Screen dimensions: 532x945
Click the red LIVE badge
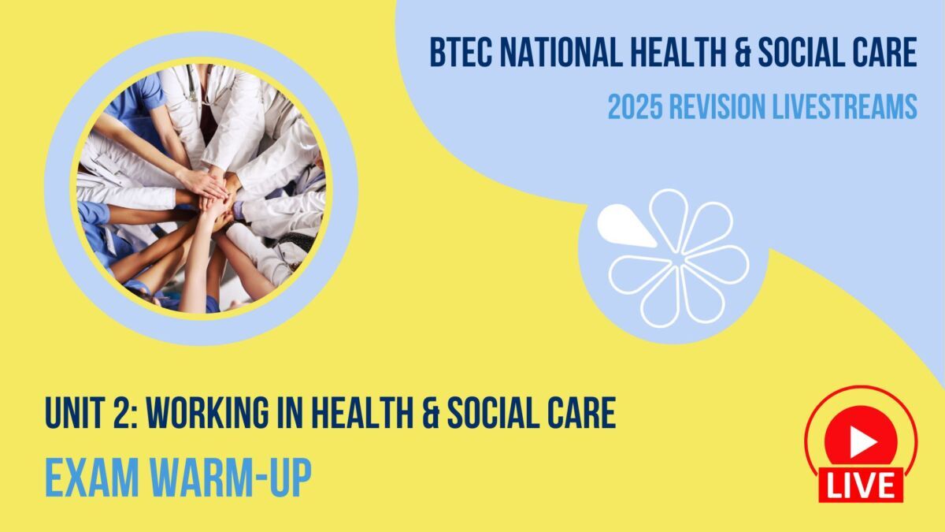pos(861,484)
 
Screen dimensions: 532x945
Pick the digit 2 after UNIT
pos(124,414)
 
